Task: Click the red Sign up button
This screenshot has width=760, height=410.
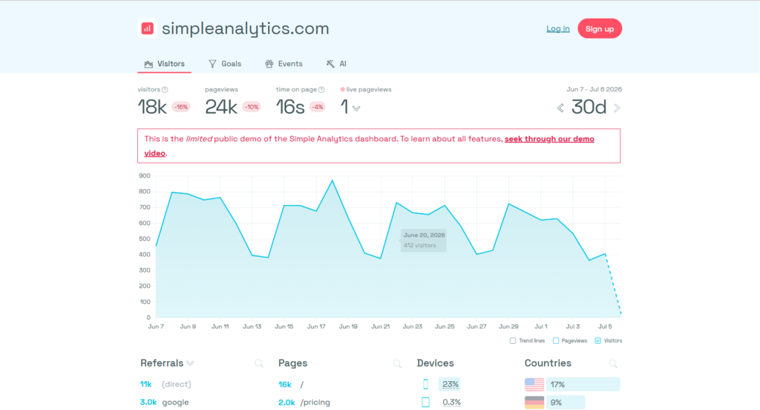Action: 600,29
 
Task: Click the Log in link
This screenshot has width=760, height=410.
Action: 558,29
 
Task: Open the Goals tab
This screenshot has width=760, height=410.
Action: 225,64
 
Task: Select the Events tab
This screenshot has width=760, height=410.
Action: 284,64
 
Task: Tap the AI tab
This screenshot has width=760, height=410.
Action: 336,64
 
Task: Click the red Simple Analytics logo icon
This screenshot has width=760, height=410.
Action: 147,29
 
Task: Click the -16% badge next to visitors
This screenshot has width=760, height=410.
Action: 181,107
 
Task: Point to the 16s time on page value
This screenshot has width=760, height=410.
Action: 290,107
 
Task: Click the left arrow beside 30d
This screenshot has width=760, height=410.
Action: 560,108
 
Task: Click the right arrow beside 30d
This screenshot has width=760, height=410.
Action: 617,108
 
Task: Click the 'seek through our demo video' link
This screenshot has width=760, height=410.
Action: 370,146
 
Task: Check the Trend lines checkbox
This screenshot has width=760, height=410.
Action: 513,341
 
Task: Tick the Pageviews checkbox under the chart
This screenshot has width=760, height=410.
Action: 556,341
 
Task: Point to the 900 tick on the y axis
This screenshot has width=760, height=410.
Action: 145,175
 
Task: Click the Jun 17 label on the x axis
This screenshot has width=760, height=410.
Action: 316,327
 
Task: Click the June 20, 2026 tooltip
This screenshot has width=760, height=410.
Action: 424,240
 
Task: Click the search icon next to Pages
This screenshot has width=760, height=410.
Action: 398,363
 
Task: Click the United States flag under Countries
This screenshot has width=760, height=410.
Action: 534,384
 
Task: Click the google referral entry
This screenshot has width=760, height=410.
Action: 175,403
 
